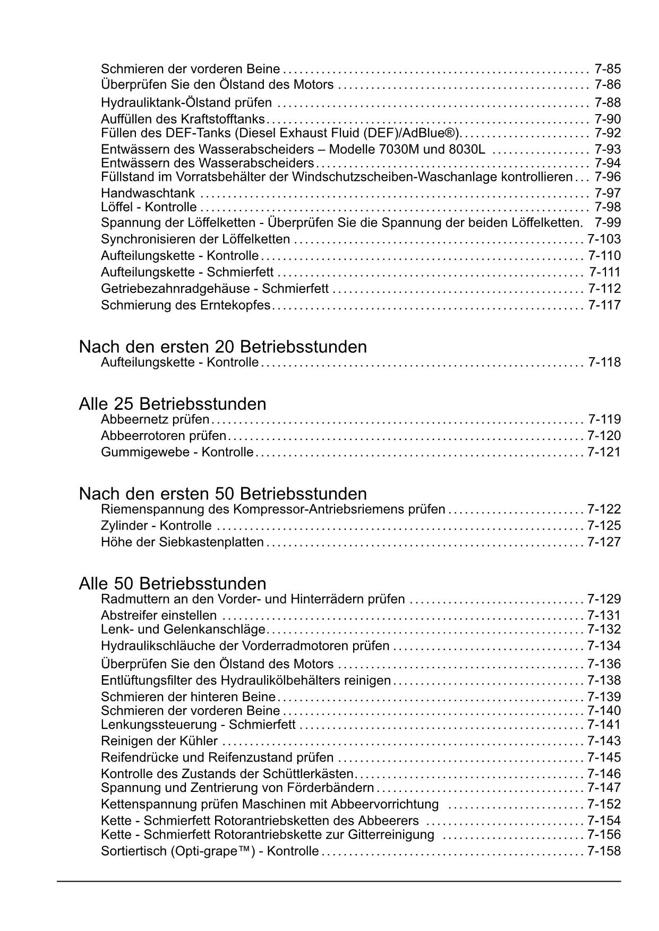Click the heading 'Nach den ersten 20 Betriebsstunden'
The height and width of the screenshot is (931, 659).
point(222,347)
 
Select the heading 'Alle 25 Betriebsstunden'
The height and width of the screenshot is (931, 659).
point(172,404)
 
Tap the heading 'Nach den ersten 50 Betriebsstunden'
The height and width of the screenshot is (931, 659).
point(222,494)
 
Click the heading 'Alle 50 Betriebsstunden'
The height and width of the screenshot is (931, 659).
point(172,584)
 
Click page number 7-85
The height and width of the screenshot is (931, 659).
point(607,69)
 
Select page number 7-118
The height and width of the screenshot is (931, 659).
point(604,363)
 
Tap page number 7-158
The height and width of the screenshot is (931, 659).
point(604,851)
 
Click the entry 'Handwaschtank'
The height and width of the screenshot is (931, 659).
point(148,193)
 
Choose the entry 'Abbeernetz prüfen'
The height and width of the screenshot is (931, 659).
point(155,420)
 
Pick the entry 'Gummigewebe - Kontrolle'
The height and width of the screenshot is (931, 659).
point(177,453)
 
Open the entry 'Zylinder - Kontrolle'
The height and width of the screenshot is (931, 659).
point(156,526)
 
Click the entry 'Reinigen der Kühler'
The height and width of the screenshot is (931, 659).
point(159,741)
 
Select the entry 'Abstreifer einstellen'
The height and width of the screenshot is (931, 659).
point(159,616)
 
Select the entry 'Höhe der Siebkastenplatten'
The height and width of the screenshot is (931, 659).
point(182,542)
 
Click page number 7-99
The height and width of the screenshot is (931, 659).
point(607,222)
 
